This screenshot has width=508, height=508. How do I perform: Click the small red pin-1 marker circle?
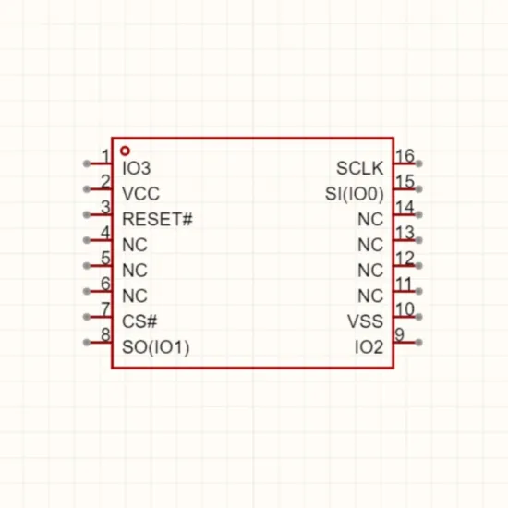125,151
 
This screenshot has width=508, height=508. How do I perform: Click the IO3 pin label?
137,168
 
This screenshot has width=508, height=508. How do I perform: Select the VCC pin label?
141,194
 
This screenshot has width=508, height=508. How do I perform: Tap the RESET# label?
157,219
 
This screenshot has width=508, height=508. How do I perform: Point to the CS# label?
139,321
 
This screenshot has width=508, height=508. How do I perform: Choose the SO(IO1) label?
156,347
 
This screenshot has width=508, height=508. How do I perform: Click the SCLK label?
360,168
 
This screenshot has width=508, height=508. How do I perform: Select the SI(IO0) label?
355,194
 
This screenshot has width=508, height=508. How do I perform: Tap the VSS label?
366,321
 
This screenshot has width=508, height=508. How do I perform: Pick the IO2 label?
369,347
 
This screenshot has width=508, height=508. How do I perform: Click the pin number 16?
405,156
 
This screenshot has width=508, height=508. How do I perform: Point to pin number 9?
400,334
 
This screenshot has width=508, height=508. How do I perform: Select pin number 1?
105,156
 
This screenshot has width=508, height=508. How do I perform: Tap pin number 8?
105,334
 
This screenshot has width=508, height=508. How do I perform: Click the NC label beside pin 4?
135,245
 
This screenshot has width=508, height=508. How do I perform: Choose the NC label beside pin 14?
370,219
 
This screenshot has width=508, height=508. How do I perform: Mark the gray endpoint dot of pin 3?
87,214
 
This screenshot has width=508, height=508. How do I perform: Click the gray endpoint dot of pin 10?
418,317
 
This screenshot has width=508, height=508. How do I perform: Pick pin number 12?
405,259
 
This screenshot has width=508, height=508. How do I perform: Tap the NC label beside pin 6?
135,296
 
